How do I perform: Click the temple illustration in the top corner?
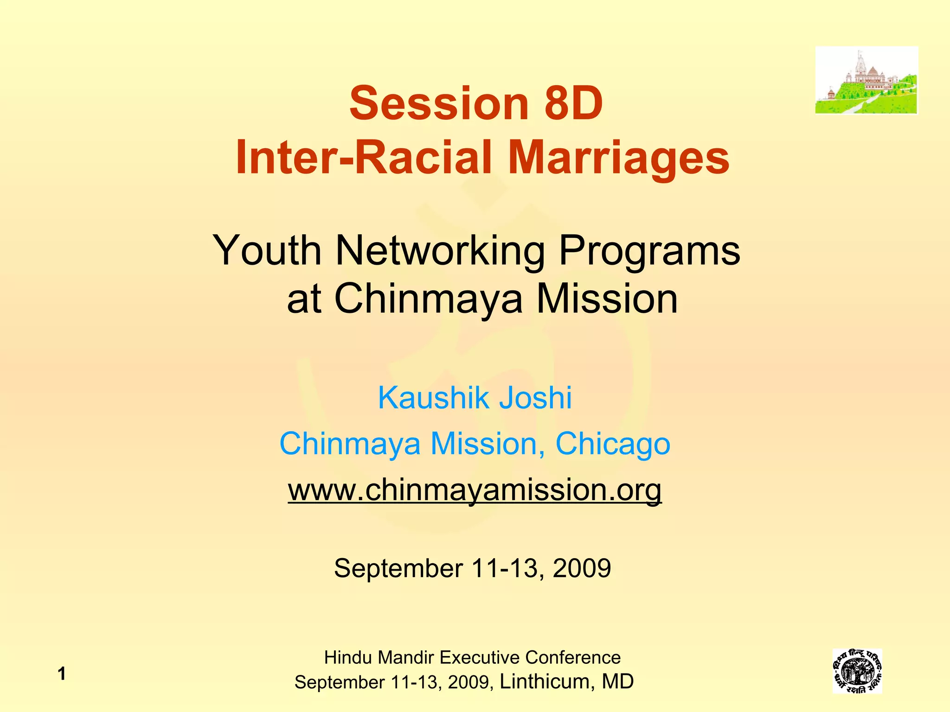[867, 80]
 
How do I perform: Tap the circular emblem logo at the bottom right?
[857, 671]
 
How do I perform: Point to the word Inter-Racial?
[364, 158]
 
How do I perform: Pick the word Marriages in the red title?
[619, 158]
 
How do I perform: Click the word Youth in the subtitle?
[267, 251]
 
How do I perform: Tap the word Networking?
[440, 251]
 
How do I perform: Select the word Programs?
[649, 251]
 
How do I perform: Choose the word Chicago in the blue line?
[613, 444]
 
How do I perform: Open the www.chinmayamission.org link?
[475, 489]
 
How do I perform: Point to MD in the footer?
[618, 681]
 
